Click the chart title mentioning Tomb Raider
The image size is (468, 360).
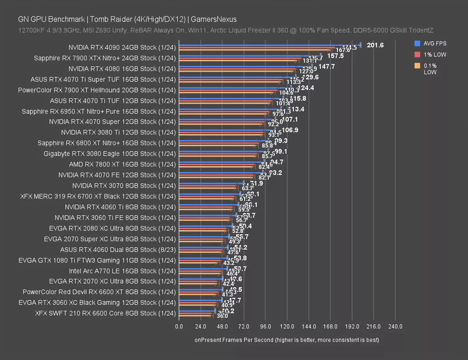tap(127, 19)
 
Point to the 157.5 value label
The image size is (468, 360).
tap(335, 56)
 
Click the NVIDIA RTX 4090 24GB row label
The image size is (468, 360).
tap(122, 48)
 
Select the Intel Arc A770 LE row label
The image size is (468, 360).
tap(122, 271)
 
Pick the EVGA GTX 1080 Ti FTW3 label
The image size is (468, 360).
tap(97, 260)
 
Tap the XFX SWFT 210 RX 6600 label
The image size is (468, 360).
tap(105, 313)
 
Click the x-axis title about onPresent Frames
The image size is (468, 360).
tap(287, 340)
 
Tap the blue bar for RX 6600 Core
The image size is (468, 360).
tap(197, 310)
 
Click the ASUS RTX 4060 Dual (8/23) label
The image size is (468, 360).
tap(118, 250)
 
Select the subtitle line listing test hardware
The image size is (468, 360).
tap(226, 30)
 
